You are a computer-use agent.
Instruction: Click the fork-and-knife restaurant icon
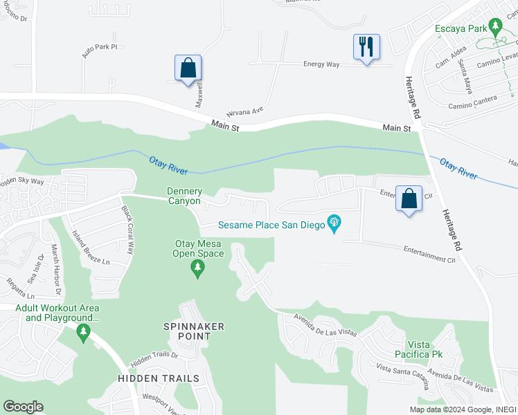(x=366, y=48)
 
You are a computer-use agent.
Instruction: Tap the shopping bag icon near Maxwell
(x=188, y=68)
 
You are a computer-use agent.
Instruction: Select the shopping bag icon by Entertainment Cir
(x=409, y=199)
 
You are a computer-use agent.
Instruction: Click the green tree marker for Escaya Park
(x=494, y=27)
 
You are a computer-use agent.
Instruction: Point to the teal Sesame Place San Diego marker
(x=334, y=224)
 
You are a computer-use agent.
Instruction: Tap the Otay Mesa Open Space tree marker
(x=198, y=268)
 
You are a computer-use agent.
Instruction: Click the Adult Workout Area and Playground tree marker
(x=83, y=333)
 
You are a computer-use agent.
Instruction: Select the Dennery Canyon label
(x=184, y=196)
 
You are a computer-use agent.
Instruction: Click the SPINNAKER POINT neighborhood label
(x=186, y=331)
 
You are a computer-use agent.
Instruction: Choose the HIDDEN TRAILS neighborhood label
(x=159, y=378)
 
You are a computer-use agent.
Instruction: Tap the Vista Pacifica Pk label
(x=424, y=349)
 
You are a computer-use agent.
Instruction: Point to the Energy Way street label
(x=322, y=64)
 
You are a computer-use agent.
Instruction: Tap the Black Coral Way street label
(x=127, y=230)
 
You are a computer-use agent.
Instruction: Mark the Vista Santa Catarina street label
(x=402, y=376)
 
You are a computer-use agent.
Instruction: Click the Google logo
(x=23, y=407)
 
